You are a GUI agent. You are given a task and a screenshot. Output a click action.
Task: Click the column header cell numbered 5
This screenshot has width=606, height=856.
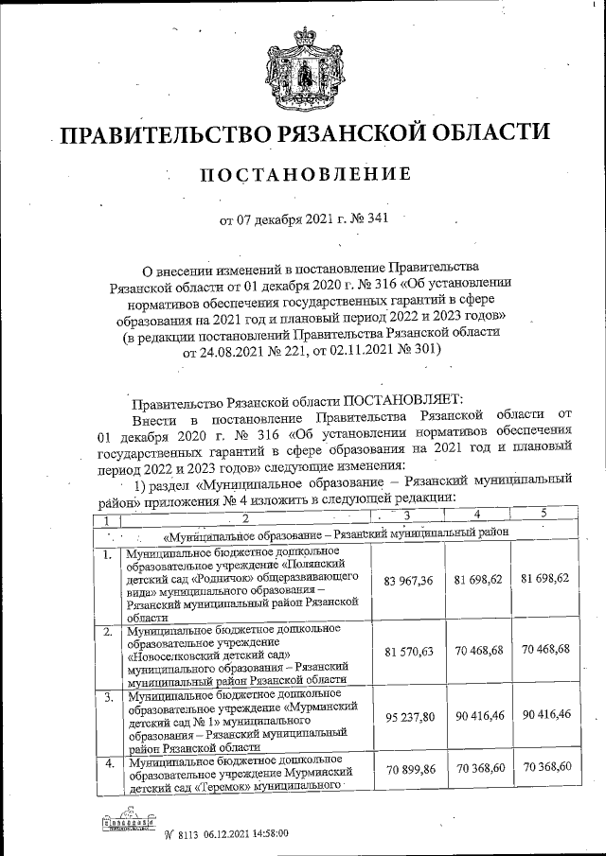(544, 514)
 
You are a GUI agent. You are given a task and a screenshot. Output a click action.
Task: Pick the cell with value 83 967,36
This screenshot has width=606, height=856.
(411, 580)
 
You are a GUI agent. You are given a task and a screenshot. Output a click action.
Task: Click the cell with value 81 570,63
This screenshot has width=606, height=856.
(411, 652)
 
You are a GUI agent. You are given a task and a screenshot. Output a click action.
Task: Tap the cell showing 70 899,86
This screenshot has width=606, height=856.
(411, 773)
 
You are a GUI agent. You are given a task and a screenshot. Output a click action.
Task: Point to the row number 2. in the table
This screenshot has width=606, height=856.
(109, 631)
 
